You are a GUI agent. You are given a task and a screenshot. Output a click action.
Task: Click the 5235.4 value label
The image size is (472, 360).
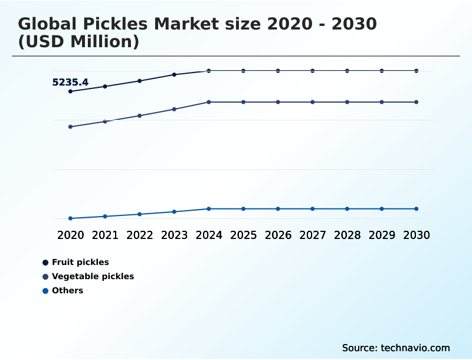coord(70,83)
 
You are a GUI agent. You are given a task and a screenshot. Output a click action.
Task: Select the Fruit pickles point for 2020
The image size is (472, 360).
coord(71,91)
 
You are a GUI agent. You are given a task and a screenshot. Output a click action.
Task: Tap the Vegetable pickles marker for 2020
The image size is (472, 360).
coord(71,127)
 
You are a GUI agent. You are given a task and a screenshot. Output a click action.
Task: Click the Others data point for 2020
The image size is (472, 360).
coord(71,218)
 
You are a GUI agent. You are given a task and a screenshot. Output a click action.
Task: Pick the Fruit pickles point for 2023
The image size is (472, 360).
coord(174,75)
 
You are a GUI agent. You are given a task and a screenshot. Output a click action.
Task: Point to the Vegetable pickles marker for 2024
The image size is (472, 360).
coord(209,102)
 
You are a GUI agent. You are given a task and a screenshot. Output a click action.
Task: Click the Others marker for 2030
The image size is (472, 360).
coord(416,209)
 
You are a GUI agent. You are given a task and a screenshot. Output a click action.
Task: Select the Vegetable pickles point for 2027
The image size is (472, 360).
coord(313,102)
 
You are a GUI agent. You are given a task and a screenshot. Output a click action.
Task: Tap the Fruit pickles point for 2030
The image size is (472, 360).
coord(416,71)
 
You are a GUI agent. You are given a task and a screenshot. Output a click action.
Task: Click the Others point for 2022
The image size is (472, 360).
coord(140,214)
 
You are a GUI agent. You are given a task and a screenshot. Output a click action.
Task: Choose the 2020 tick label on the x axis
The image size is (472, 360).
coord(71,235)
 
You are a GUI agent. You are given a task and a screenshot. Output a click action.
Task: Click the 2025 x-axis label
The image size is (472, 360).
coord(244,235)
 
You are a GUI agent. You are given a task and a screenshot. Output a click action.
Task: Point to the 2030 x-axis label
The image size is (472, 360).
coord(416,235)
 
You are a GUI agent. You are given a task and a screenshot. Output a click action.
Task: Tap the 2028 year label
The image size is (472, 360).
coord(347,235)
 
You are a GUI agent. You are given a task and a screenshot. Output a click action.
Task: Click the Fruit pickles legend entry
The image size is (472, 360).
coord(80,262)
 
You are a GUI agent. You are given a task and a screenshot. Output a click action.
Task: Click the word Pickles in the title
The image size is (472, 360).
coord(112,24)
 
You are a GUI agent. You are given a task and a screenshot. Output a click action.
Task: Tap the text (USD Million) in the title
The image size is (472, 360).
coord(78,42)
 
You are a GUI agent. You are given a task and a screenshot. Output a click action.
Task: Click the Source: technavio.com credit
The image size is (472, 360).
coord(396,348)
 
